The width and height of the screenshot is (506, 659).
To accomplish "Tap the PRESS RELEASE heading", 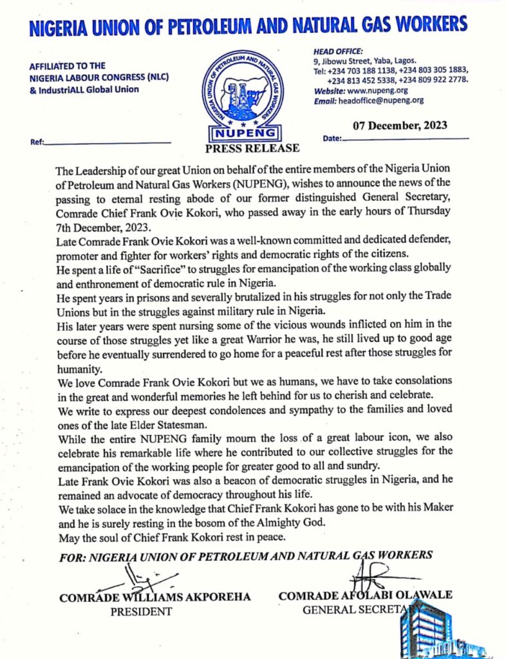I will (252, 148).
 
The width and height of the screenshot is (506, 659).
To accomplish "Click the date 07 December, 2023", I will (400, 125).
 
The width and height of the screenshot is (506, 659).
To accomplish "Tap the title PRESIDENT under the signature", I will (141, 611).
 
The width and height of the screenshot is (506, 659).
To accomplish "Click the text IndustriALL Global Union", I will (84, 89).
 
